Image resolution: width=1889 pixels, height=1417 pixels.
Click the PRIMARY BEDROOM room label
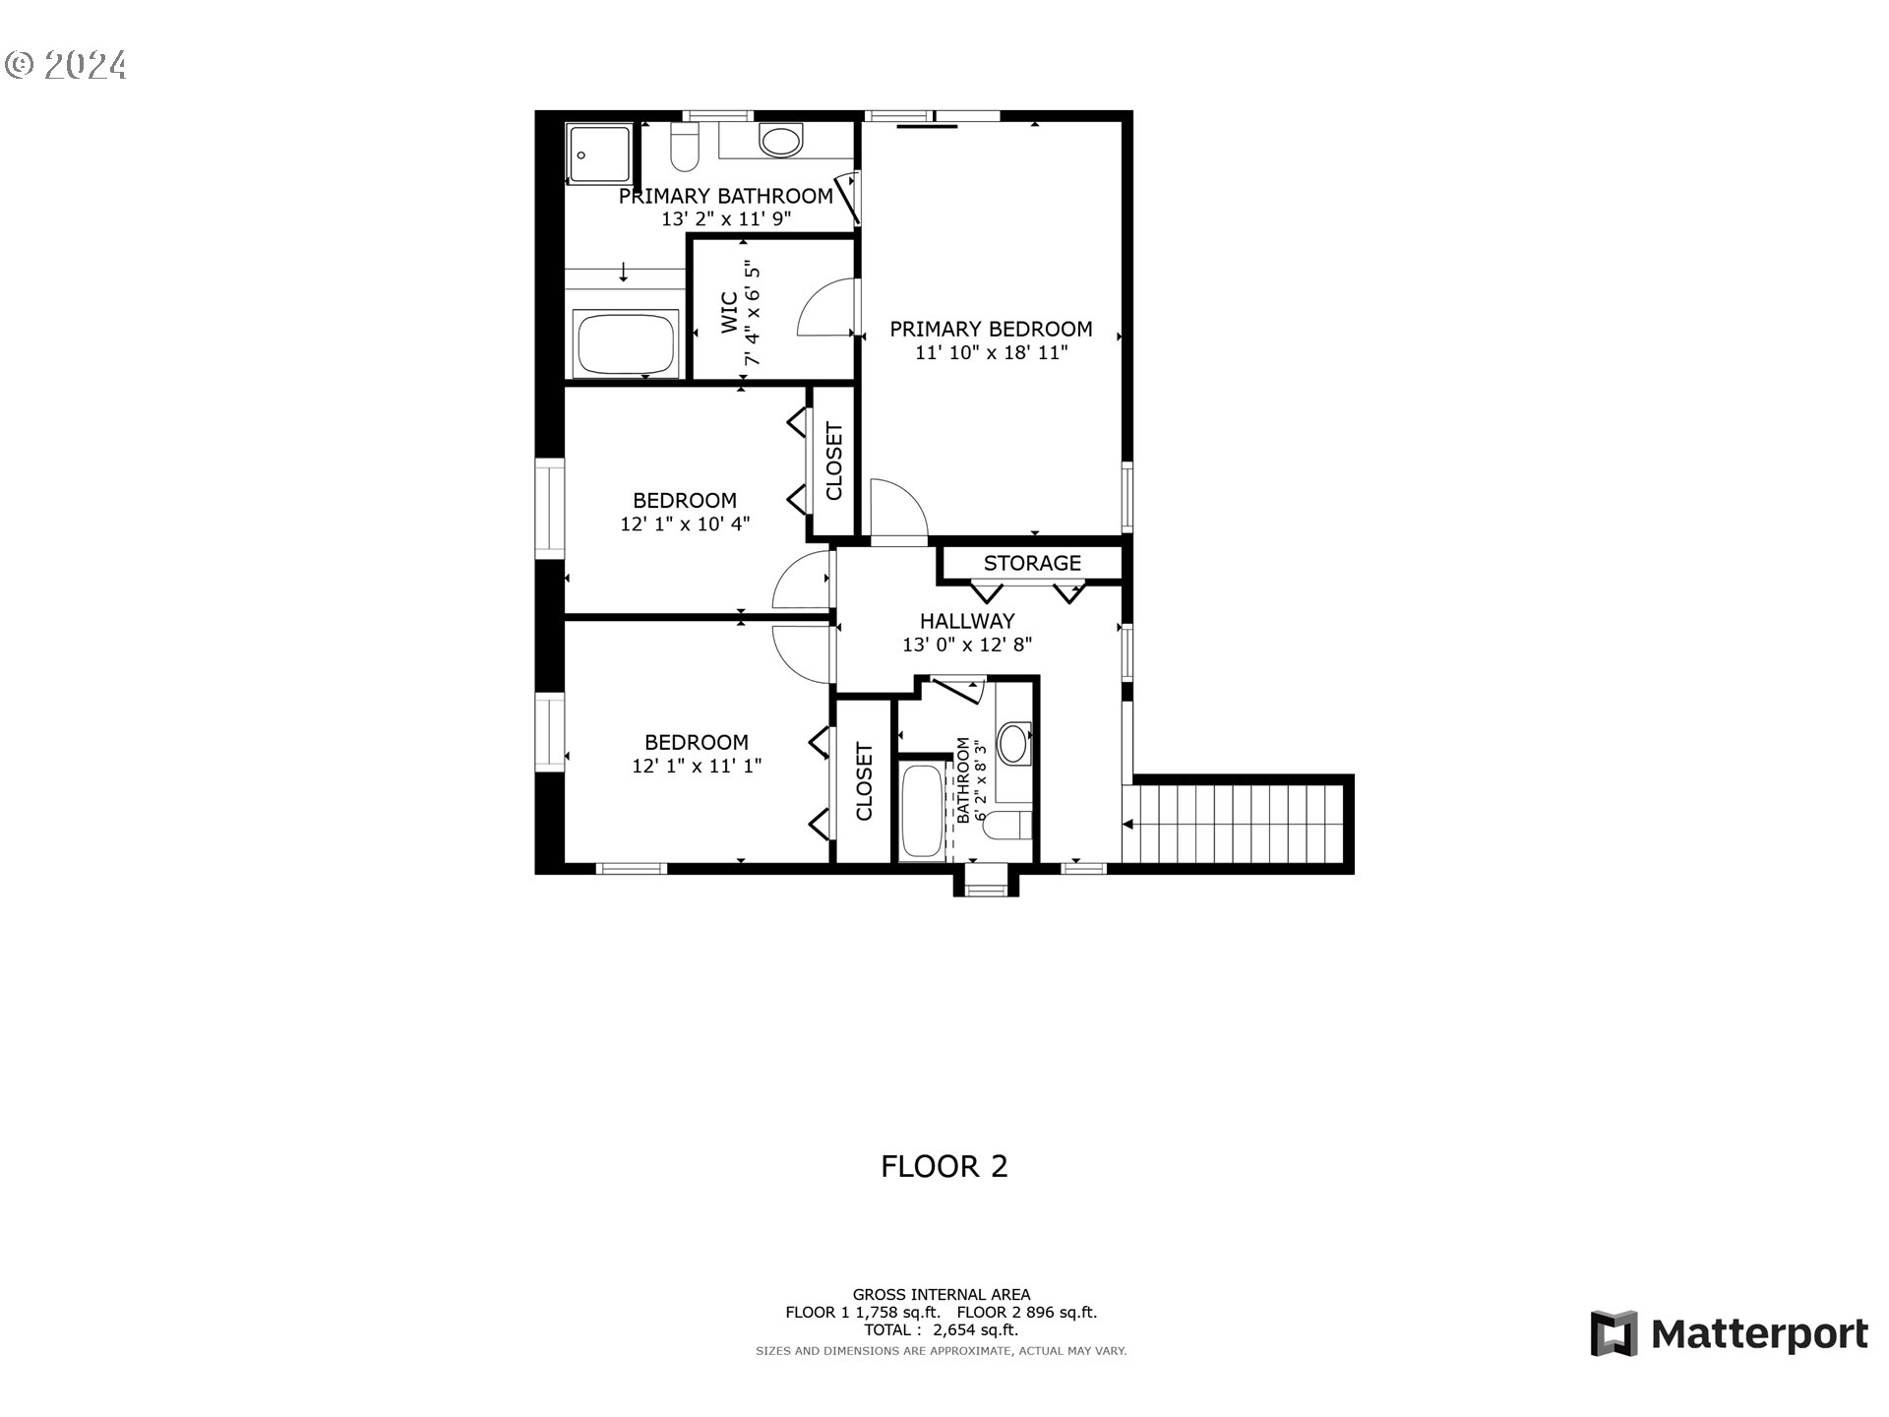pos(991,329)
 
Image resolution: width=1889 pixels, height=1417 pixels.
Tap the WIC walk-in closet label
pos(729,313)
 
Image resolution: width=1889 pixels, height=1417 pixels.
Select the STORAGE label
pos(1032,563)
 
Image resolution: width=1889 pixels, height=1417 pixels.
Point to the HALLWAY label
pos(967,621)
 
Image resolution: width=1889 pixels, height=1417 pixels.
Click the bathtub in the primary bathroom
pos(627,342)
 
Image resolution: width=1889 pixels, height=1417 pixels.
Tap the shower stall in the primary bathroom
pos(599,154)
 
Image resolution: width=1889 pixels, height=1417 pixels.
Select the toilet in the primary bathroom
pos(684,147)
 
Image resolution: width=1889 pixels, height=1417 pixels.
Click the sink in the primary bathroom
pos(781,142)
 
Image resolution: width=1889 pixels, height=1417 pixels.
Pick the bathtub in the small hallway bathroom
pos(922,810)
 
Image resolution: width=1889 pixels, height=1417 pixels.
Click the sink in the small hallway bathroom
pos(1012,743)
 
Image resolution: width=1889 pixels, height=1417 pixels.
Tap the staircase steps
pos(1238,823)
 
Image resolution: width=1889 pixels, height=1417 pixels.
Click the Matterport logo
pos(1729,1334)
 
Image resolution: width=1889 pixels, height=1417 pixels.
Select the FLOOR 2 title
pos(944,1166)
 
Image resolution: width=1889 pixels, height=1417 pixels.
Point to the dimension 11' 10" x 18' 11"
pos(991,352)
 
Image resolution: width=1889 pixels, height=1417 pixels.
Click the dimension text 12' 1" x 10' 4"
pos(685,524)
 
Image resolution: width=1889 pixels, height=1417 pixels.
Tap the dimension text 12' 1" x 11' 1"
pos(697,766)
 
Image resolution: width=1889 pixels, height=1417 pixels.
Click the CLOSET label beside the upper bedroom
pos(834,462)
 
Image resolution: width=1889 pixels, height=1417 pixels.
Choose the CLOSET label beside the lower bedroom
pos(864,781)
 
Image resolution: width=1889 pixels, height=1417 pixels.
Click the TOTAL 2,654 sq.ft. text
pos(942,1330)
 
